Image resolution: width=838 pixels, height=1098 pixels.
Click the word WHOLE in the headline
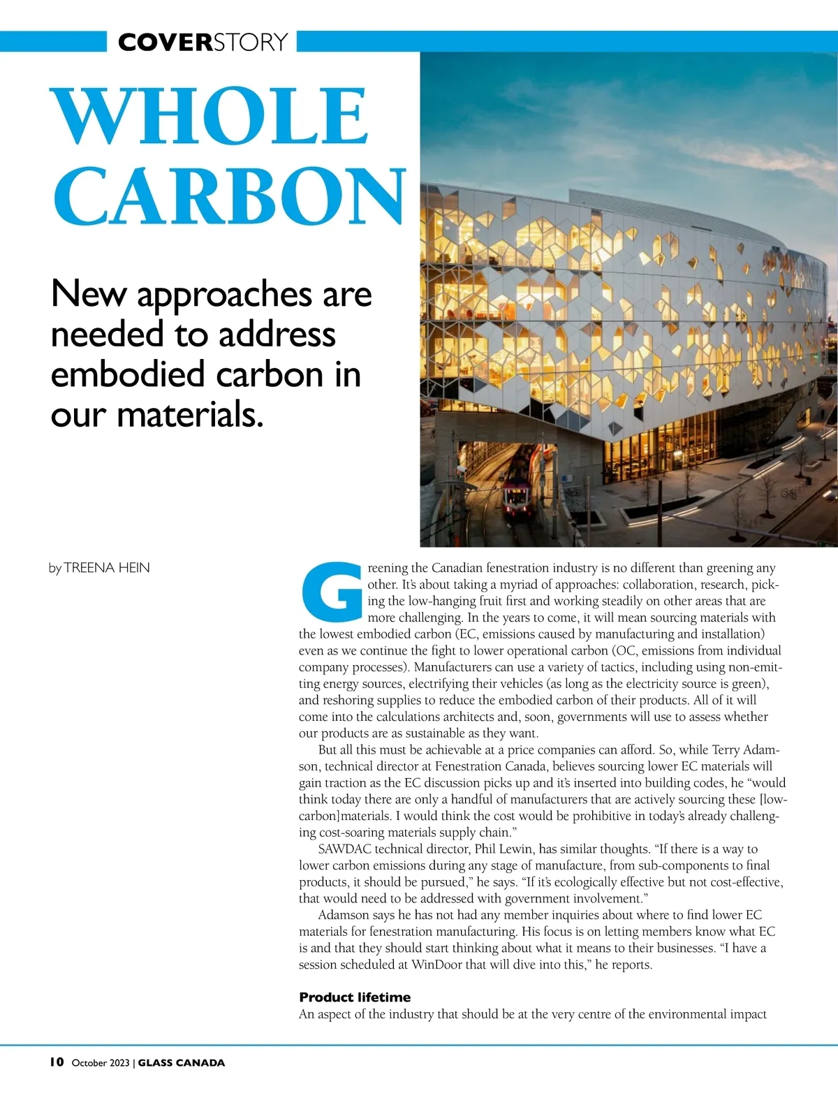point(210,115)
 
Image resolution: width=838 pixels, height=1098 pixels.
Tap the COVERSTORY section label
point(203,42)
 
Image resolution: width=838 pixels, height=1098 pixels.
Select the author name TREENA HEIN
point(106,568)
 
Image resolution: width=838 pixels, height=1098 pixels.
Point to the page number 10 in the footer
point(57,1062)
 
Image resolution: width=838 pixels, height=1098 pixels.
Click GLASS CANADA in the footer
point(182,1063)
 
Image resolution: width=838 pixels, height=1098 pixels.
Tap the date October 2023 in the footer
point(101,1063)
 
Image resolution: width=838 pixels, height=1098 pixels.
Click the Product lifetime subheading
point(355,997)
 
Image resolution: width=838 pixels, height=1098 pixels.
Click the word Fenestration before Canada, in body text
point(469,766)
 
